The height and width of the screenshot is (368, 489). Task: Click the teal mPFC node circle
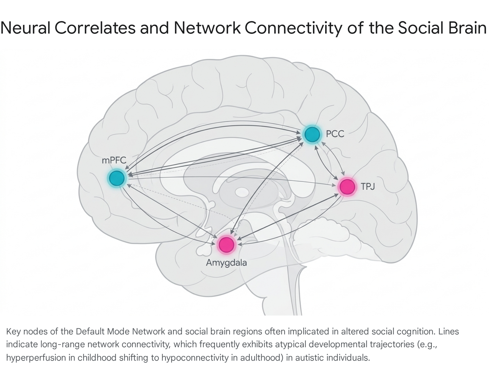(117, 178)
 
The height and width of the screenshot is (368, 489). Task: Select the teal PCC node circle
(312, 134)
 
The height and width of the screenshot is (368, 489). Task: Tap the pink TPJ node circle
(347, 187)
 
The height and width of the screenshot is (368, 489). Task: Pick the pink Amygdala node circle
(226, 245)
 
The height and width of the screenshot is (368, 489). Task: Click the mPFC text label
(114, 160)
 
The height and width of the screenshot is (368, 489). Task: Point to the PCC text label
(335, 134)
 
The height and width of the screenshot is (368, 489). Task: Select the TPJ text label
(368, 186)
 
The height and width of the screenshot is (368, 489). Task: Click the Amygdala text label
(226, 263)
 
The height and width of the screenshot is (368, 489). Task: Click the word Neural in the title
(25, 28)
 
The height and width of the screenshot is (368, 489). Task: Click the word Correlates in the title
(95, 28)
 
